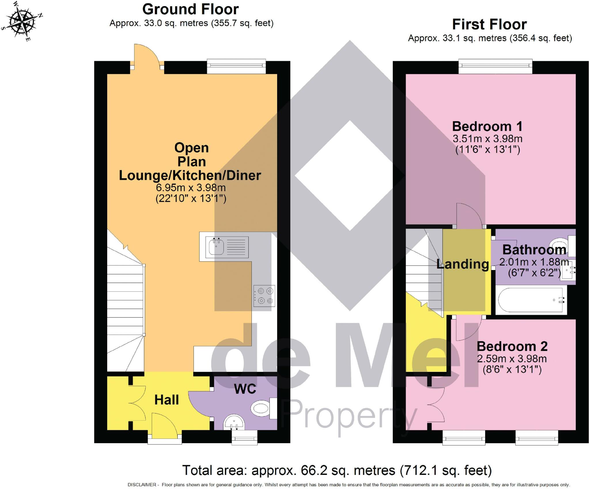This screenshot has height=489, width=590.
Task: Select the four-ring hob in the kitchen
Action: pyautogui.click(x=264, y=296)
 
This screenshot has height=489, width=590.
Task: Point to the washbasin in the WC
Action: pyautogui.click(x=234, y=422)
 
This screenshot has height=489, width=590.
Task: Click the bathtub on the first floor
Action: pyautogui.click(x=531, y=300)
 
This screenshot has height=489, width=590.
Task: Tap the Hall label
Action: pyautogui.click(x=167, y=400)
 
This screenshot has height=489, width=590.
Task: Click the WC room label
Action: pyautogui.click(x=245, y=389)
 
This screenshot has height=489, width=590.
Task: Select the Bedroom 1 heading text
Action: pyautogui.click(x=487, y=126)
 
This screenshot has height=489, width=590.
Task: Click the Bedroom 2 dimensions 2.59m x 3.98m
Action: pyautogui.click(x=512, y=359)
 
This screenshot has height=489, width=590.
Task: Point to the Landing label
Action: pyautogui.click(x=463, y=264)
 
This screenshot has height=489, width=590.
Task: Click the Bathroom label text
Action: pyautogui.click(x=534, y=250)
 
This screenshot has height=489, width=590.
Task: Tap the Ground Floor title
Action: pyautogui.click(x=190, y=9)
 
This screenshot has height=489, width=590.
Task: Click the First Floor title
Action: pyautogui.click(x=489, y=24)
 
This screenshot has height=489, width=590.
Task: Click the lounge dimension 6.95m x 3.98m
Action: pyautogui.click(x=191, y=188)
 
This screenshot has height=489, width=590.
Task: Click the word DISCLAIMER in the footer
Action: pyautogui.click(x=142, y=485)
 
